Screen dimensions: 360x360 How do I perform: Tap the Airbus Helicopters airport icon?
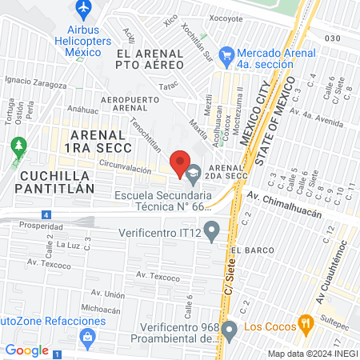(x=82, y=8)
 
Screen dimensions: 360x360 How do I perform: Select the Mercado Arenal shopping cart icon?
(x=226, y=55)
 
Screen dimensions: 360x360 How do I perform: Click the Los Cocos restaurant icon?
(x=305, y=325)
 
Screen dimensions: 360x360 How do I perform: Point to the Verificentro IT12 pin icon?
(x=211, y=233)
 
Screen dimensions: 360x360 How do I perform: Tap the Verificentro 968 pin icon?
(x=230, y=329)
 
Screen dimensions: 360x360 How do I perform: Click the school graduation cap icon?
(x=194, y=170)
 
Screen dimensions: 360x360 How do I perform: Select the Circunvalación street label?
(x=125, y=170)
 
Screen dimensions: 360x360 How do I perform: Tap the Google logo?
(x=27, y=350)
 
